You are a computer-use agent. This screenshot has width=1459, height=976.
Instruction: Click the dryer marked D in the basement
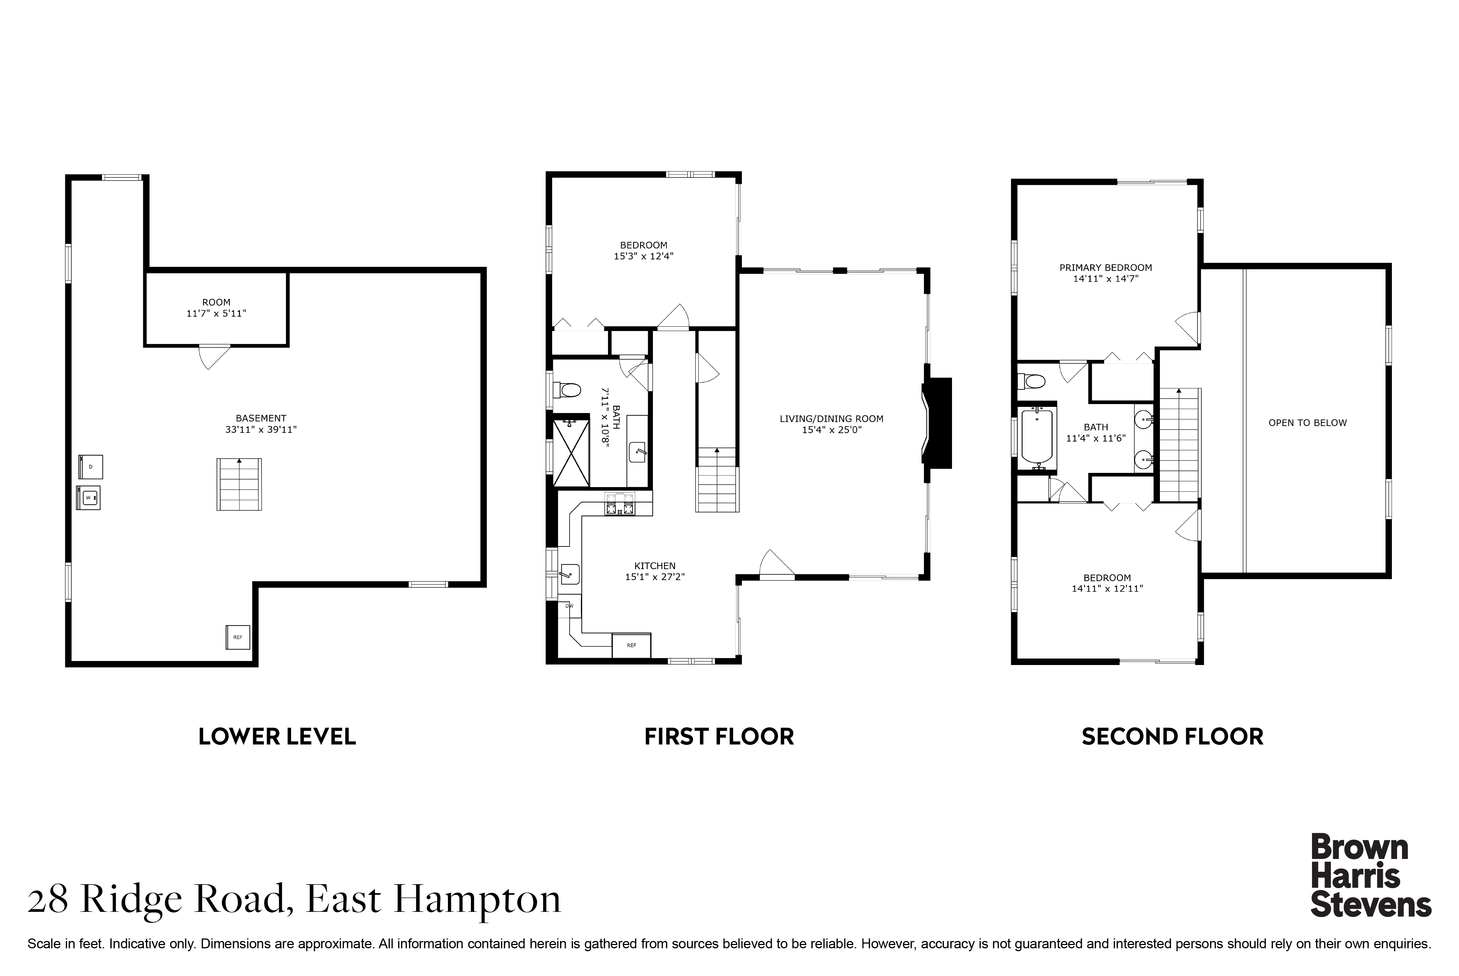(91, 467)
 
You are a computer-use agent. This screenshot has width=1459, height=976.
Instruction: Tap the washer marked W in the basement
(88, 497)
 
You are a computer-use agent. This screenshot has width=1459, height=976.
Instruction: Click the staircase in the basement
(239, 484)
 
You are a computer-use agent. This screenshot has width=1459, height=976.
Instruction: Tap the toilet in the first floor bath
(567, 390)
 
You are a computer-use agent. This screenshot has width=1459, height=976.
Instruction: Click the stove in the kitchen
(620, 503)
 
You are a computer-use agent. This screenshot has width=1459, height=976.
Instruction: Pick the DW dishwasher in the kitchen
(569, 606)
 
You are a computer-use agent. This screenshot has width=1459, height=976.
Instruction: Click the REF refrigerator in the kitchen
(631, 645)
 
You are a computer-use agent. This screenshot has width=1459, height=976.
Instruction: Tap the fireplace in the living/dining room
(937, 423)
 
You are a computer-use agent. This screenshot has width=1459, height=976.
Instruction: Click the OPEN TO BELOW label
(1308, 423)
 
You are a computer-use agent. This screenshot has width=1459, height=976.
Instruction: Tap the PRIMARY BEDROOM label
(1106, 268)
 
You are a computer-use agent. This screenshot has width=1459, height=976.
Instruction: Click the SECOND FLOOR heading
(1173, 737)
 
